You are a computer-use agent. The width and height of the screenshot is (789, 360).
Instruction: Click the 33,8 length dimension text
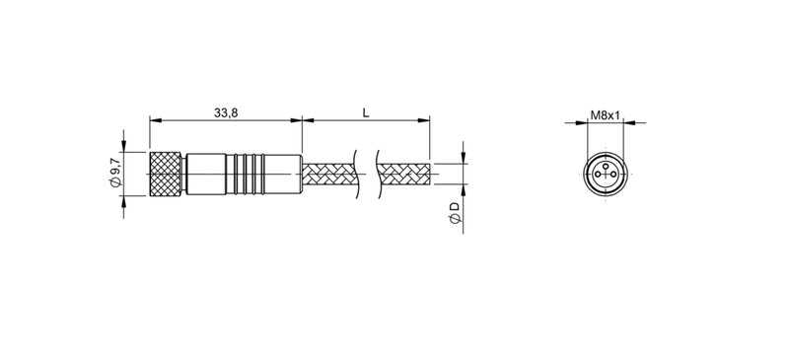click(x=226, y=112)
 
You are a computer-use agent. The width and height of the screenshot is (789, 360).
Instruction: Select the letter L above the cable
click(x=366, y=112)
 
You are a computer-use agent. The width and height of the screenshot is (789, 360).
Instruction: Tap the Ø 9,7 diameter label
click(x=116, y=174)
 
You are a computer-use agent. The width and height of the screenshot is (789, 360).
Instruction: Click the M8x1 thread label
click(x=604, y=115)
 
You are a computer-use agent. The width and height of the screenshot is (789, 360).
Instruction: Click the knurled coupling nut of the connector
click(x=166, y=174)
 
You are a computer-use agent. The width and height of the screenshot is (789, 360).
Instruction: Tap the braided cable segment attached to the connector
click(x=331, y=175)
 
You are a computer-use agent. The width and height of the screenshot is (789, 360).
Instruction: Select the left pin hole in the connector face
click(x=597, y=178)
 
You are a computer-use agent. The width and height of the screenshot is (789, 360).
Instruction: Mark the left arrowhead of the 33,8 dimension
click(x=154, y=122)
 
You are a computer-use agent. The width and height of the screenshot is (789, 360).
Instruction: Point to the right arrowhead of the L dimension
click(x=426, y=122)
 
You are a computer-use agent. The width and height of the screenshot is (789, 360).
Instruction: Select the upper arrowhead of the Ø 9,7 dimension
click(x=125, y=149)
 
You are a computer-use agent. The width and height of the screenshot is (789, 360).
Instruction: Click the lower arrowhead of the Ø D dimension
click(x=463, y=190)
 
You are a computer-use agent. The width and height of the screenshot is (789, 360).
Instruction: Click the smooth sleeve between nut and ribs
click(x=207, y=174)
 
